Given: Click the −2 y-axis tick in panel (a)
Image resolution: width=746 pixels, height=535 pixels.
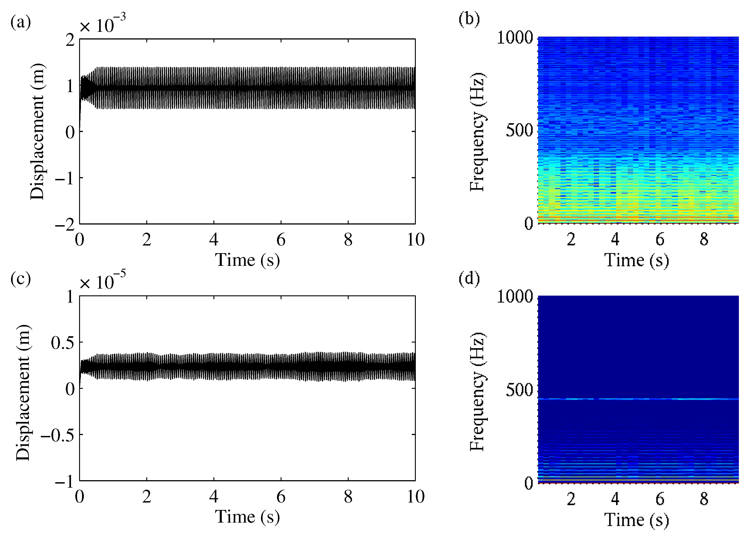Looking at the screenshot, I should (x=65, y=225).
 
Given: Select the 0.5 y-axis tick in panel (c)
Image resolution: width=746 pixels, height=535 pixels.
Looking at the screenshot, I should (x=62, y=343).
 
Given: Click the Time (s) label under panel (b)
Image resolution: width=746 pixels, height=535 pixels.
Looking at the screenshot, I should (x=636, y=260).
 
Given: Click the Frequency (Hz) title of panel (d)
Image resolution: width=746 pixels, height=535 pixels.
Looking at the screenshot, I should (x=477, y=392).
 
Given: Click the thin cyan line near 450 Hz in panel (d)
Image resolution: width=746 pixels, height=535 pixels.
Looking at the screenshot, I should (x=638, y=399).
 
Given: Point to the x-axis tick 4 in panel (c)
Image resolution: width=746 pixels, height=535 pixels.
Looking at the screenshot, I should (x=214, y=496).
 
